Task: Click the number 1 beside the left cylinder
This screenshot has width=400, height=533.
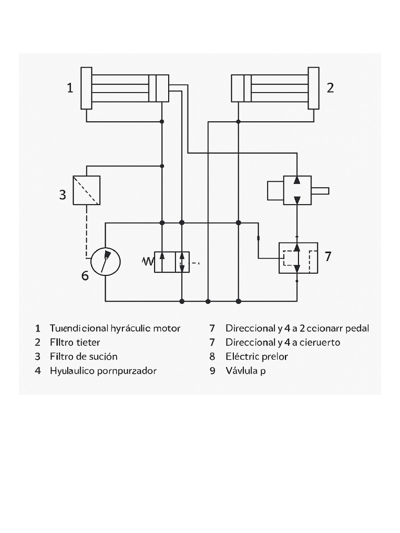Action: [x=70, y=88]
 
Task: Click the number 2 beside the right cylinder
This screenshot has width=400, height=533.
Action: [x=330, y=88]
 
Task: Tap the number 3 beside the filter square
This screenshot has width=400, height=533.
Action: [x=63, y=195]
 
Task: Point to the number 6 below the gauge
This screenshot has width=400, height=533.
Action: [x=85, y=275]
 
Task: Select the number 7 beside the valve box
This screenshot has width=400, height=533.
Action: [x=328, y=256]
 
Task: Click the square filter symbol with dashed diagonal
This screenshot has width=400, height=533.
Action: [x=87, y=191]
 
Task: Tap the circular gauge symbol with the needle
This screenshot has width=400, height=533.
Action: [x=105, y=261]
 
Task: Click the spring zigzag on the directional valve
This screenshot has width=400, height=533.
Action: [x=148, y=261]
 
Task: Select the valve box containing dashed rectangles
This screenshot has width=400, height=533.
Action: [x=298, y=258]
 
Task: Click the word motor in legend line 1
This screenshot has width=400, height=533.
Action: [x=167, y=328]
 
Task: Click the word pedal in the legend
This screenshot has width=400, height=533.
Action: [x=357, y=328]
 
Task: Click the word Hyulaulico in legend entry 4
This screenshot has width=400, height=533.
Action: [x=72, y=371]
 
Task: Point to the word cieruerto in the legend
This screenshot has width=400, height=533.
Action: [x=320, y=342]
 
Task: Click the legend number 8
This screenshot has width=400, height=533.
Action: [x=213, y=357]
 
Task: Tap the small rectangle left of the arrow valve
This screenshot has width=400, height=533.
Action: [x=276, y=191]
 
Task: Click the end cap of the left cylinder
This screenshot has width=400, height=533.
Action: [x=86, y=88]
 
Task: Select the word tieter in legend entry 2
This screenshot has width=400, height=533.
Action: [x=87, y=342]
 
